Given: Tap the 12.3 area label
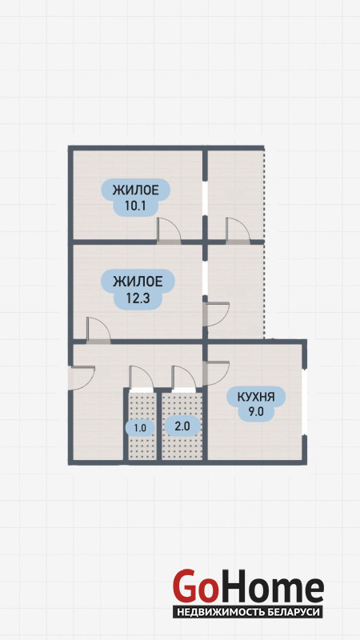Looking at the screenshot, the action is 138,289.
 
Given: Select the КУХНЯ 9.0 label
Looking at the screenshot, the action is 256,403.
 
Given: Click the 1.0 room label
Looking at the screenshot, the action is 140,428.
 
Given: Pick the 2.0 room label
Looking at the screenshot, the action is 182,426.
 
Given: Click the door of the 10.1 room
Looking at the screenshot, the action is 169,231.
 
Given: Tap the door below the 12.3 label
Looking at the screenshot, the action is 98,330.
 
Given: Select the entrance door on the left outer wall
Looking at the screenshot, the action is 82,378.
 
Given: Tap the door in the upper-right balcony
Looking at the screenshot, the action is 238,231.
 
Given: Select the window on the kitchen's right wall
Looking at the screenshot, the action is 304,403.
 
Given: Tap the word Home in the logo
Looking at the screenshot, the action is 270,586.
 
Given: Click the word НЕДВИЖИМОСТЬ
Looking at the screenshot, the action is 221,612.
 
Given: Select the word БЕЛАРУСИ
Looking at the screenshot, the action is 293,612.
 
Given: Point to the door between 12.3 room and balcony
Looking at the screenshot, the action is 216,314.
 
